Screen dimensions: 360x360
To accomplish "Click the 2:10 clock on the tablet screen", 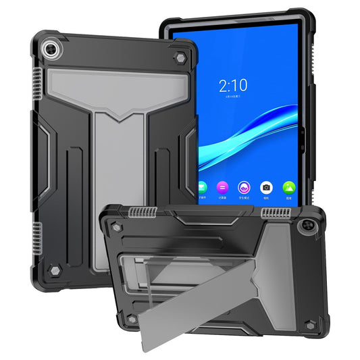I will pos(232,85).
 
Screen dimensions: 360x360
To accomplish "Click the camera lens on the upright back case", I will pos(50,51).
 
